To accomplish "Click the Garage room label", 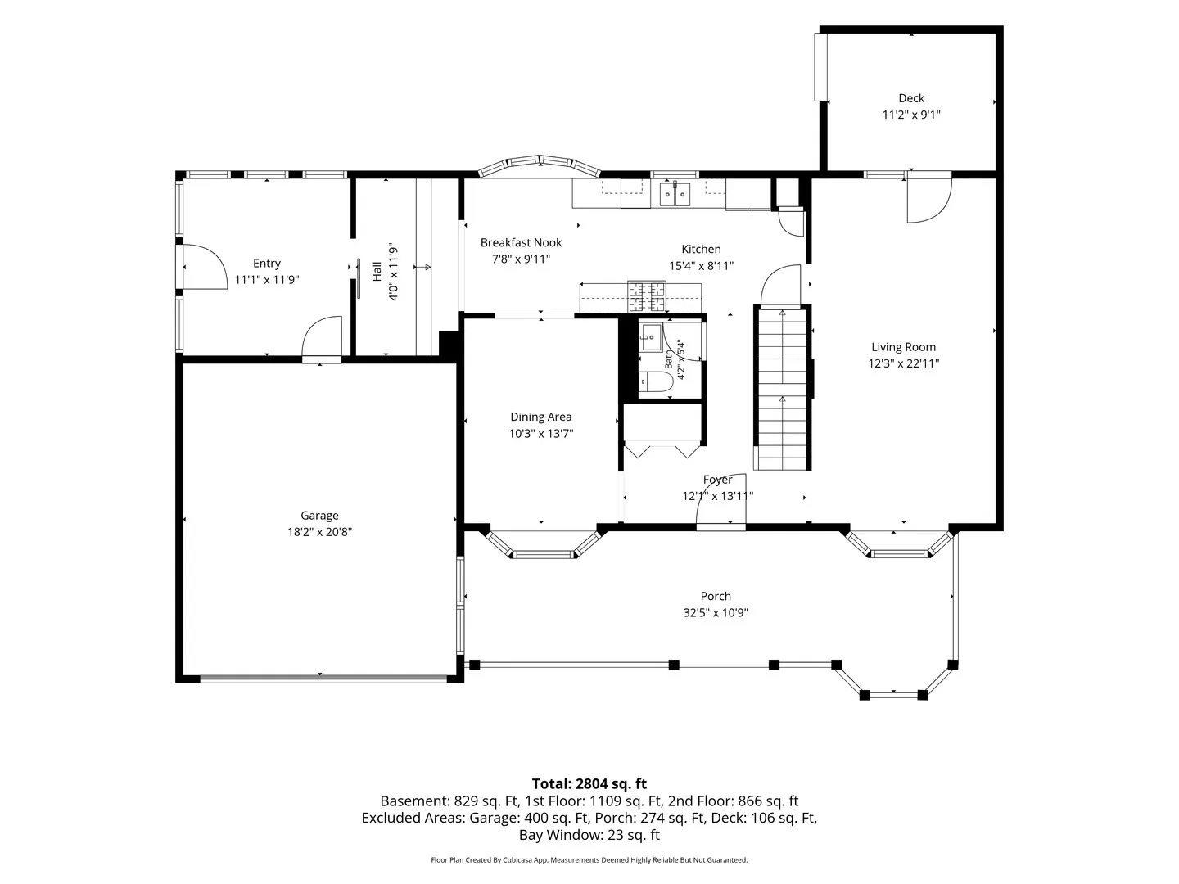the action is tap(319, 516).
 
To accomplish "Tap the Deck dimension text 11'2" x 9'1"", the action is tap(911, 115).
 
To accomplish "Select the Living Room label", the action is tap(903, 347).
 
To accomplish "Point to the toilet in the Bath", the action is tap(656, 381).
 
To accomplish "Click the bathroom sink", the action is tap(651, 337).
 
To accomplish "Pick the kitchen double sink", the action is tap(675, 194).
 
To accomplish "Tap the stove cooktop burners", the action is tap(648, 297).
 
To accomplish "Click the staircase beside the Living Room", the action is tap(782, 388).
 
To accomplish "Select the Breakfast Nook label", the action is tap(521, 242).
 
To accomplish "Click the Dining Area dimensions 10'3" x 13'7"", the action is tap(541, 433).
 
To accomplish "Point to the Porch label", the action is tap(716, 596).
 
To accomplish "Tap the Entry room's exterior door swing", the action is tap(206, 267).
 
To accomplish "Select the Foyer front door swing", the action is tap(721, 499).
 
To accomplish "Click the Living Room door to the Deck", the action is tap(929, 200).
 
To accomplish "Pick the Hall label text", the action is tap(377, 271).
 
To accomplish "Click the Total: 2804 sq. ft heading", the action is tap(589, 783).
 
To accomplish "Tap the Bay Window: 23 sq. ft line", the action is tap(589, 835).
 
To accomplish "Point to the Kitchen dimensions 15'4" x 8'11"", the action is tap(701, 266).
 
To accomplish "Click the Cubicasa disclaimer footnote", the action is tap(589, 859).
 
